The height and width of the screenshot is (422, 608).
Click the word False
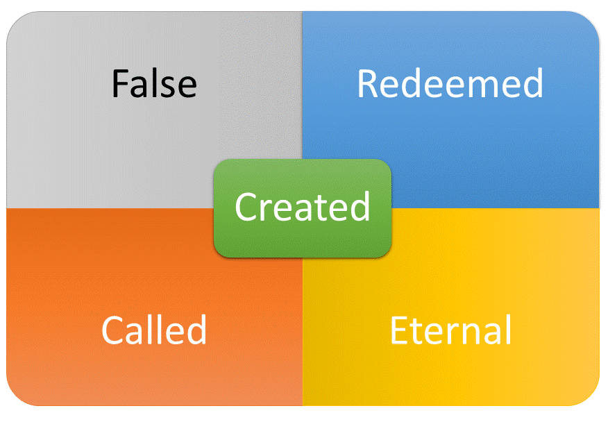pyautogui.click(x=154, y=83)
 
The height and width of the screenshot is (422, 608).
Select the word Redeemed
pyautogui.click(x=450, y=83)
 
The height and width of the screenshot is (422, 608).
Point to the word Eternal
pyautogui.click(x=450, y=330)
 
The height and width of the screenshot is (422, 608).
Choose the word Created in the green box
pyautogui.click(x=303, y=206)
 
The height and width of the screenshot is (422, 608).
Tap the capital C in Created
pyautogui.click(x=246, y=207)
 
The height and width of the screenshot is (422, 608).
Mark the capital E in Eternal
pyautogui.click(x=398, y=330)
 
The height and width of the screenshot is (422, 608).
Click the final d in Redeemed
pyautogui.click(x=533, y=83)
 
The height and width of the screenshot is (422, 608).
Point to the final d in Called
pyautogui.click(x=196, y=329)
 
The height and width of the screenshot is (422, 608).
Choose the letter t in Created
pyautogui.click(x=319, y=209)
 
